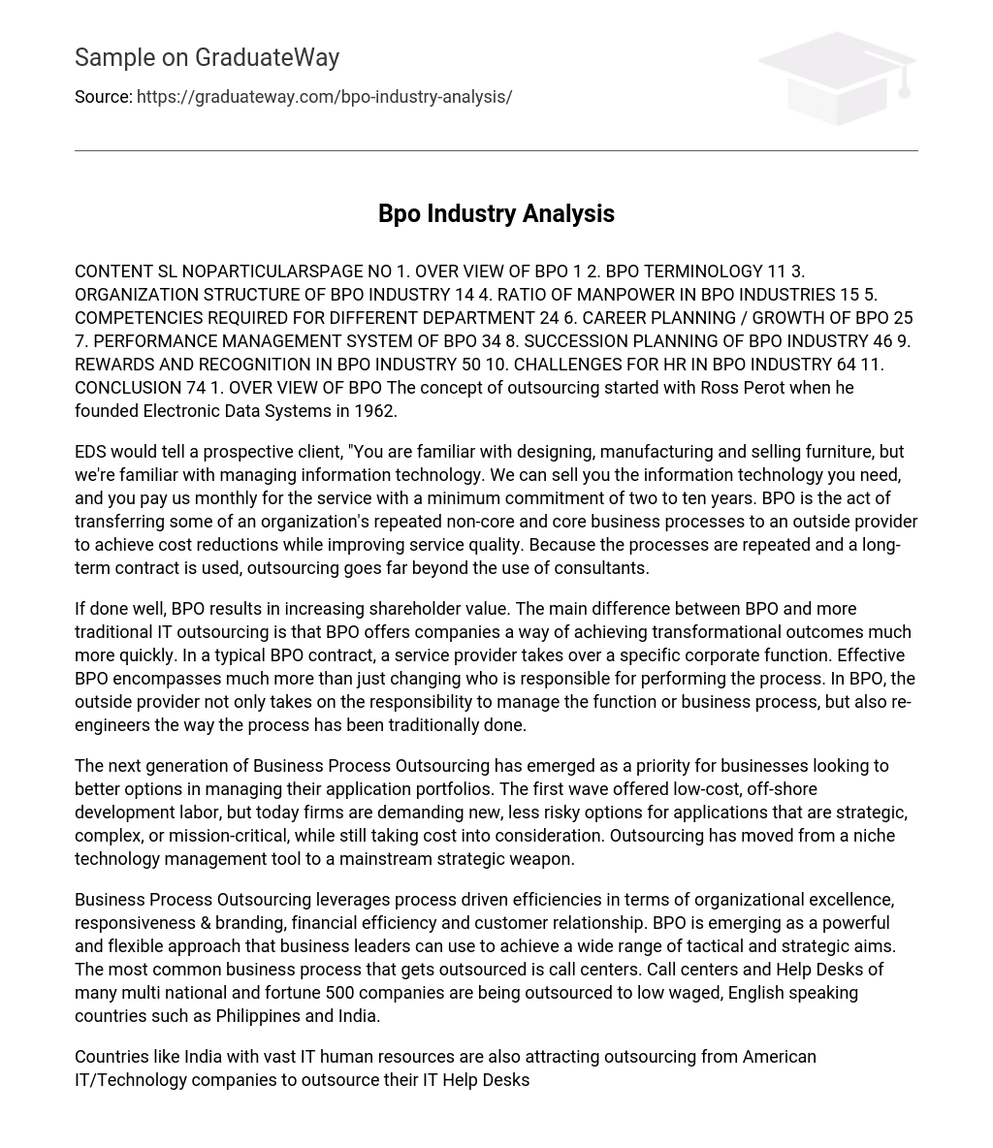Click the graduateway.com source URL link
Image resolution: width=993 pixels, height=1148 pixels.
point(324,97)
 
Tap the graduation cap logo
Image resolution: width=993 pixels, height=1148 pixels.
point(836,78)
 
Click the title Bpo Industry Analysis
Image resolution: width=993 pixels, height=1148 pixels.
point(496,213)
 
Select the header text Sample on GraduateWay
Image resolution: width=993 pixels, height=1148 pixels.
point(207,57)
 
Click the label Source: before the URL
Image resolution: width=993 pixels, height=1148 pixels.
point(103,97)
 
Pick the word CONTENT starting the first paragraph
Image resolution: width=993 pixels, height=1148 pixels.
point(113,271)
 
